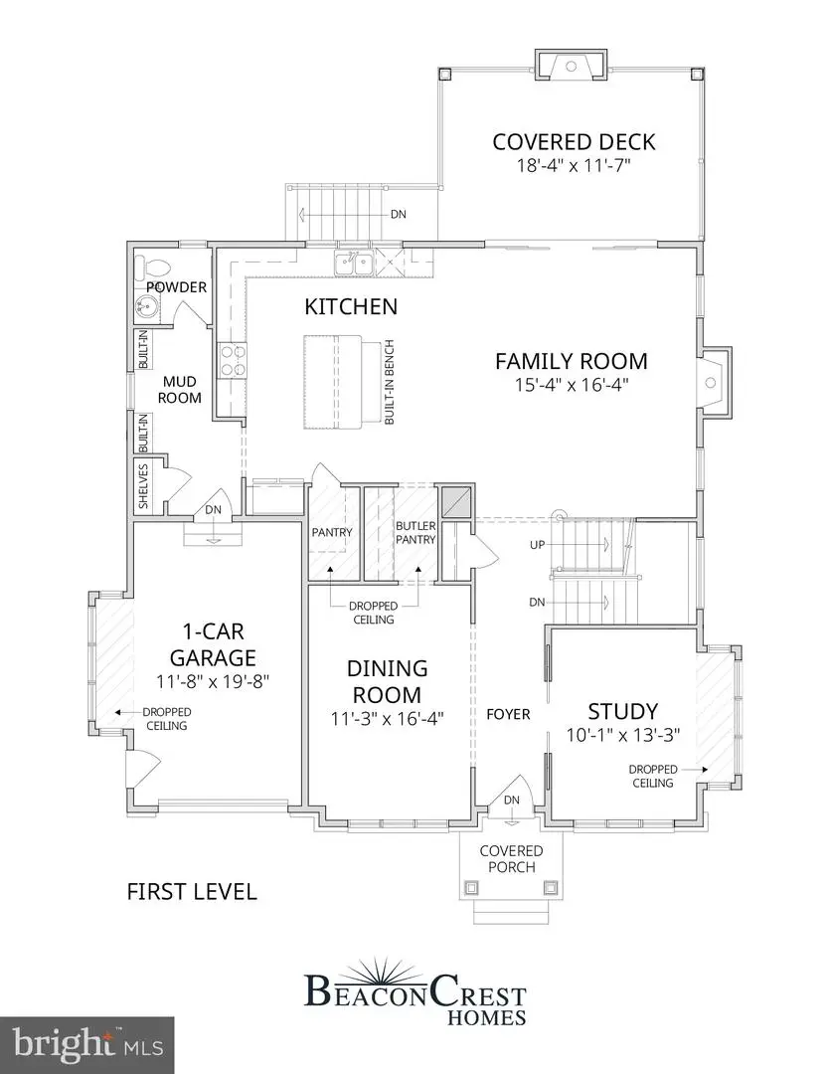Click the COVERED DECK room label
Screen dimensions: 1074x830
coord(574,141)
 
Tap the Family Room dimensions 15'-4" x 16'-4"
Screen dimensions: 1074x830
coord(571,386)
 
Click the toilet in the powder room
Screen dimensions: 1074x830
coord(147,267)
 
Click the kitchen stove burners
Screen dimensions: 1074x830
coord(232,361)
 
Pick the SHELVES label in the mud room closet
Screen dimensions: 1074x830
coord(143,486)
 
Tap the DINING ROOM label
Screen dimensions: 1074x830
coord(387,681)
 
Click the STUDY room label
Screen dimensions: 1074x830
coord(622,711)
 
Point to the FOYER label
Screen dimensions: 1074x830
coord(508,714)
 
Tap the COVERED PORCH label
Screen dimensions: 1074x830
coord(511,858)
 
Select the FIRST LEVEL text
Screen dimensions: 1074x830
coord(192,891)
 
